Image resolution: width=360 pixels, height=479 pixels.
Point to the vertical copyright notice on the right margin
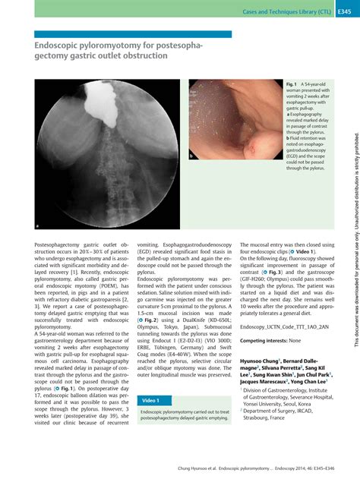(x=355, y=251)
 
